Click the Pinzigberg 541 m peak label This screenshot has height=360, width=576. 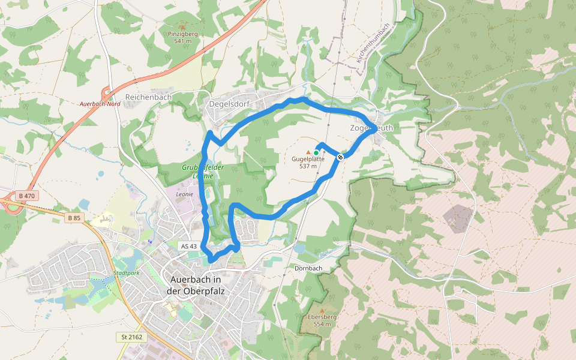click(x=183, y=37)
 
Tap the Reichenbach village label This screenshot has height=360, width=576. click(x=148, y=97)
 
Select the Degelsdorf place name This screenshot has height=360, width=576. click(x=229, y=103)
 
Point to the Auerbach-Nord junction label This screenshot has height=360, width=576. click(x=100, y=104)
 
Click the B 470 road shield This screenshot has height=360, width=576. click(x=27, y=196)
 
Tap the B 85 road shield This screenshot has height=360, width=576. click(x=74, y=218)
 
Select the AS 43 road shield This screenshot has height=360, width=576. click(x=188, y=246)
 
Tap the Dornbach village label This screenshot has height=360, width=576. click(x=309, y=268)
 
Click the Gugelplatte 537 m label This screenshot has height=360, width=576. click(x=308, y=162)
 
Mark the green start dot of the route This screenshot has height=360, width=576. click(x=316, y=153)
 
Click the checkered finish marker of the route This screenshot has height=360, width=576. click(x=340, y=157)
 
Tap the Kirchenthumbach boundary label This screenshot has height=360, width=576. click(x=373, y=43)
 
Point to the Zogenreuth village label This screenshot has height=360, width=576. click(x=372, y=128)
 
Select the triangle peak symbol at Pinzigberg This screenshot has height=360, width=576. click(x=182, y=27)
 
